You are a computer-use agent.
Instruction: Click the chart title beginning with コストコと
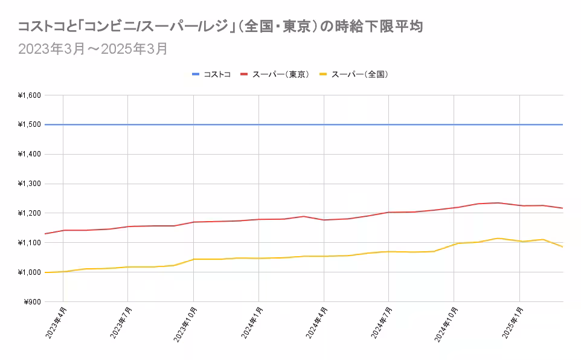(x=219, y=27)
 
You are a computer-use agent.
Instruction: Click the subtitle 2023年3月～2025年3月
(x=92, y=49)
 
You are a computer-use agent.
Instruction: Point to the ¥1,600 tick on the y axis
(x=29, y=95)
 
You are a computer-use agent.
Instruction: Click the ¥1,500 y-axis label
(x=29, y=125)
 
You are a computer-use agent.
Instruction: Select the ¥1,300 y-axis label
(x=29, y=184)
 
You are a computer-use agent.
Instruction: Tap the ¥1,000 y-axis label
(x=29, y=272)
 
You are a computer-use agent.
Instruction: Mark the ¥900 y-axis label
(x=31, y=302)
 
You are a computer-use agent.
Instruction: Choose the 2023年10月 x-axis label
(x=185, y=326)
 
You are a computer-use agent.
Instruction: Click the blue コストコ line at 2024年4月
(x=324, y=124)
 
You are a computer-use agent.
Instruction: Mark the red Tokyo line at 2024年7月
(x=388, y=212)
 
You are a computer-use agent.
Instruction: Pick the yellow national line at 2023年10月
(x=193, y=259)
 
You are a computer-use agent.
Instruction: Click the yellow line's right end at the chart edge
(x=562, y=246)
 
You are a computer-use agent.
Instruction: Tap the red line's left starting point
(x=45, y=234)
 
